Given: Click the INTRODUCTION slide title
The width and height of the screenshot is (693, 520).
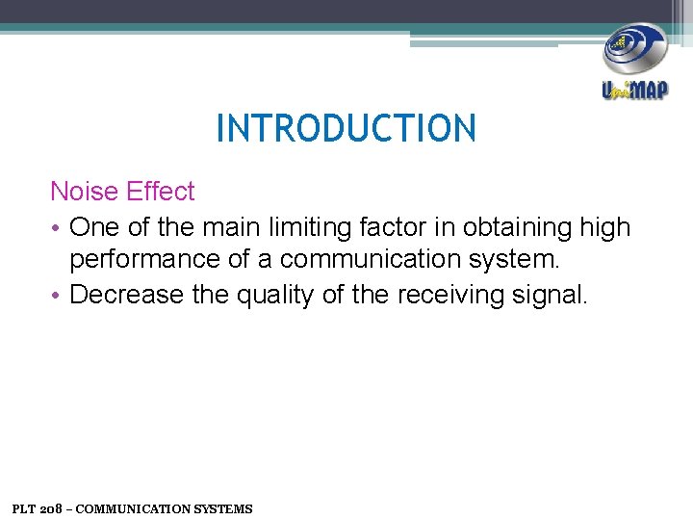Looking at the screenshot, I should tap(346, 128).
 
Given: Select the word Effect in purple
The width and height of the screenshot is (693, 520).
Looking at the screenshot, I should tap(158, 192).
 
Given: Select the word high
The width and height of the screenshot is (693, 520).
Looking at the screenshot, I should tap(604, 227).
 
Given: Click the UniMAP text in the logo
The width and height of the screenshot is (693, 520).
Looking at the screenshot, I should tap(634, 91).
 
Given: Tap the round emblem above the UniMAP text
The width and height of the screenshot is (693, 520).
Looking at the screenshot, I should tap(634, 50).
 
